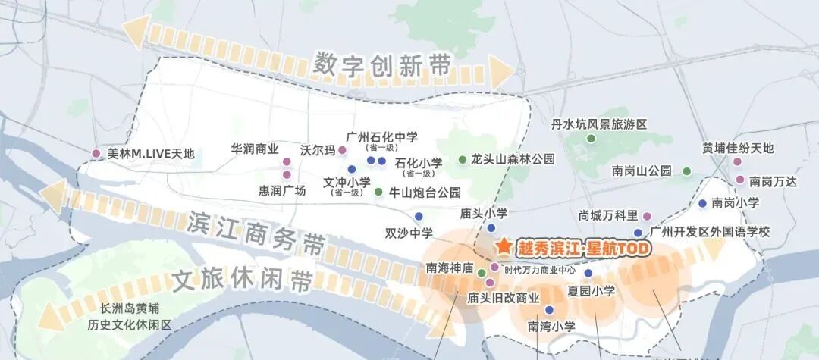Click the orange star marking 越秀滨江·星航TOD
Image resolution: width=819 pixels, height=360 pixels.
[504, 247]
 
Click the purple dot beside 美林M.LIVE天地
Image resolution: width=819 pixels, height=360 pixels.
[96, 154]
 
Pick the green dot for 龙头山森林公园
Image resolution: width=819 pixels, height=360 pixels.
[463, 160]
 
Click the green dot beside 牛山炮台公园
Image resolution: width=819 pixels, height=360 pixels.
[379, 192]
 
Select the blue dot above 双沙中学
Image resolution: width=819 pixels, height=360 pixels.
[418, 216]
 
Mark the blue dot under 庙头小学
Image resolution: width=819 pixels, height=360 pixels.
[491, 227]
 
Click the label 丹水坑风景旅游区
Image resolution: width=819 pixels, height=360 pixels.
[598, 124]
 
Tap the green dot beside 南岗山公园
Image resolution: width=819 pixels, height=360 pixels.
[687, 171]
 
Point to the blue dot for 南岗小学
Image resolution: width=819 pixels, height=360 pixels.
[703, 203]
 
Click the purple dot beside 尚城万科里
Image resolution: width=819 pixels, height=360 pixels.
[647, 216]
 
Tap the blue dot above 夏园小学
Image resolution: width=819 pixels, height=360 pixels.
[588, 273]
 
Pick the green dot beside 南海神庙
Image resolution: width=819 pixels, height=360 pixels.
[481, 272]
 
